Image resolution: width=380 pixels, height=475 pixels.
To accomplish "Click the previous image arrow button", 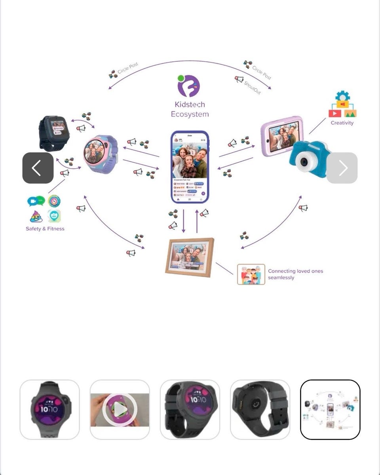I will click(38, 168).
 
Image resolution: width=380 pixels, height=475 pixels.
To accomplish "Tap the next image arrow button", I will click(342, 168).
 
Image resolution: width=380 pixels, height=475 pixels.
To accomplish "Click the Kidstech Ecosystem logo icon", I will click(189, 86).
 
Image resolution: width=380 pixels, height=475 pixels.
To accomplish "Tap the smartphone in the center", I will click(190, 166).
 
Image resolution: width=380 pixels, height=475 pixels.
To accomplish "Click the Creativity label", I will click(342, 123).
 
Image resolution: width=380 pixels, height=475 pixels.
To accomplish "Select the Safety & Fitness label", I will click(45, 228).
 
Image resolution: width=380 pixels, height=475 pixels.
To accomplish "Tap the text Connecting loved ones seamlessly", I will click(295, 274).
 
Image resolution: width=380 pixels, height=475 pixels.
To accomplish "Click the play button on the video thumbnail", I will click(120, 409).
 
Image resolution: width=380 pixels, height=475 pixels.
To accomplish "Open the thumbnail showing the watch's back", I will click(260, 409).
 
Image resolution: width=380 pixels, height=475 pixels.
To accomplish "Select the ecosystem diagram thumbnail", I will click(330, 409).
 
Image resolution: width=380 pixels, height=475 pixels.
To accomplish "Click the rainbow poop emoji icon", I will click(36, 216).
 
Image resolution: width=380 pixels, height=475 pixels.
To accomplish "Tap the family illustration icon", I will click(251, 274).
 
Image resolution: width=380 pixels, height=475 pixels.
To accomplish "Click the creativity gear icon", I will click(342, 96).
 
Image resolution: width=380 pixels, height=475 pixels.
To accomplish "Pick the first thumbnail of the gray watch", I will click(49, 409).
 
